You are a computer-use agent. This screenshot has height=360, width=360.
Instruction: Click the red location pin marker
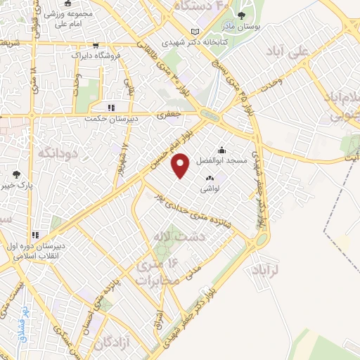tap(181, 166)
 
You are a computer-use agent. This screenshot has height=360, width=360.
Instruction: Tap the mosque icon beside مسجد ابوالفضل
tap(221, 149)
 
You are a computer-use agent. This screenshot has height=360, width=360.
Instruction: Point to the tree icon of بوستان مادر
tap(242, 15)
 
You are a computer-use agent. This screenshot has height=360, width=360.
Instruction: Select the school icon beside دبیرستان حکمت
tap(110, 108)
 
